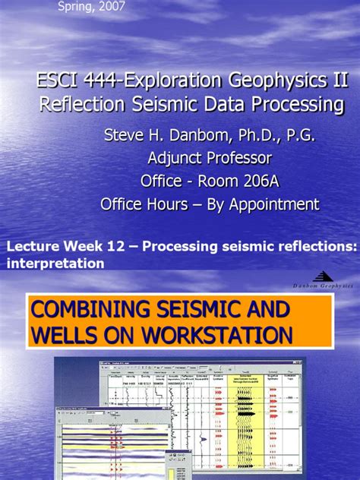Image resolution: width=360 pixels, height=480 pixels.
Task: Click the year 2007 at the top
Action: pos(111,7)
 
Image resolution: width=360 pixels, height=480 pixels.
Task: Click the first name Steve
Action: pos(125,136)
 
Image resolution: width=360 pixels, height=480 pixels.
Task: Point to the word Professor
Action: pos(240,159)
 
